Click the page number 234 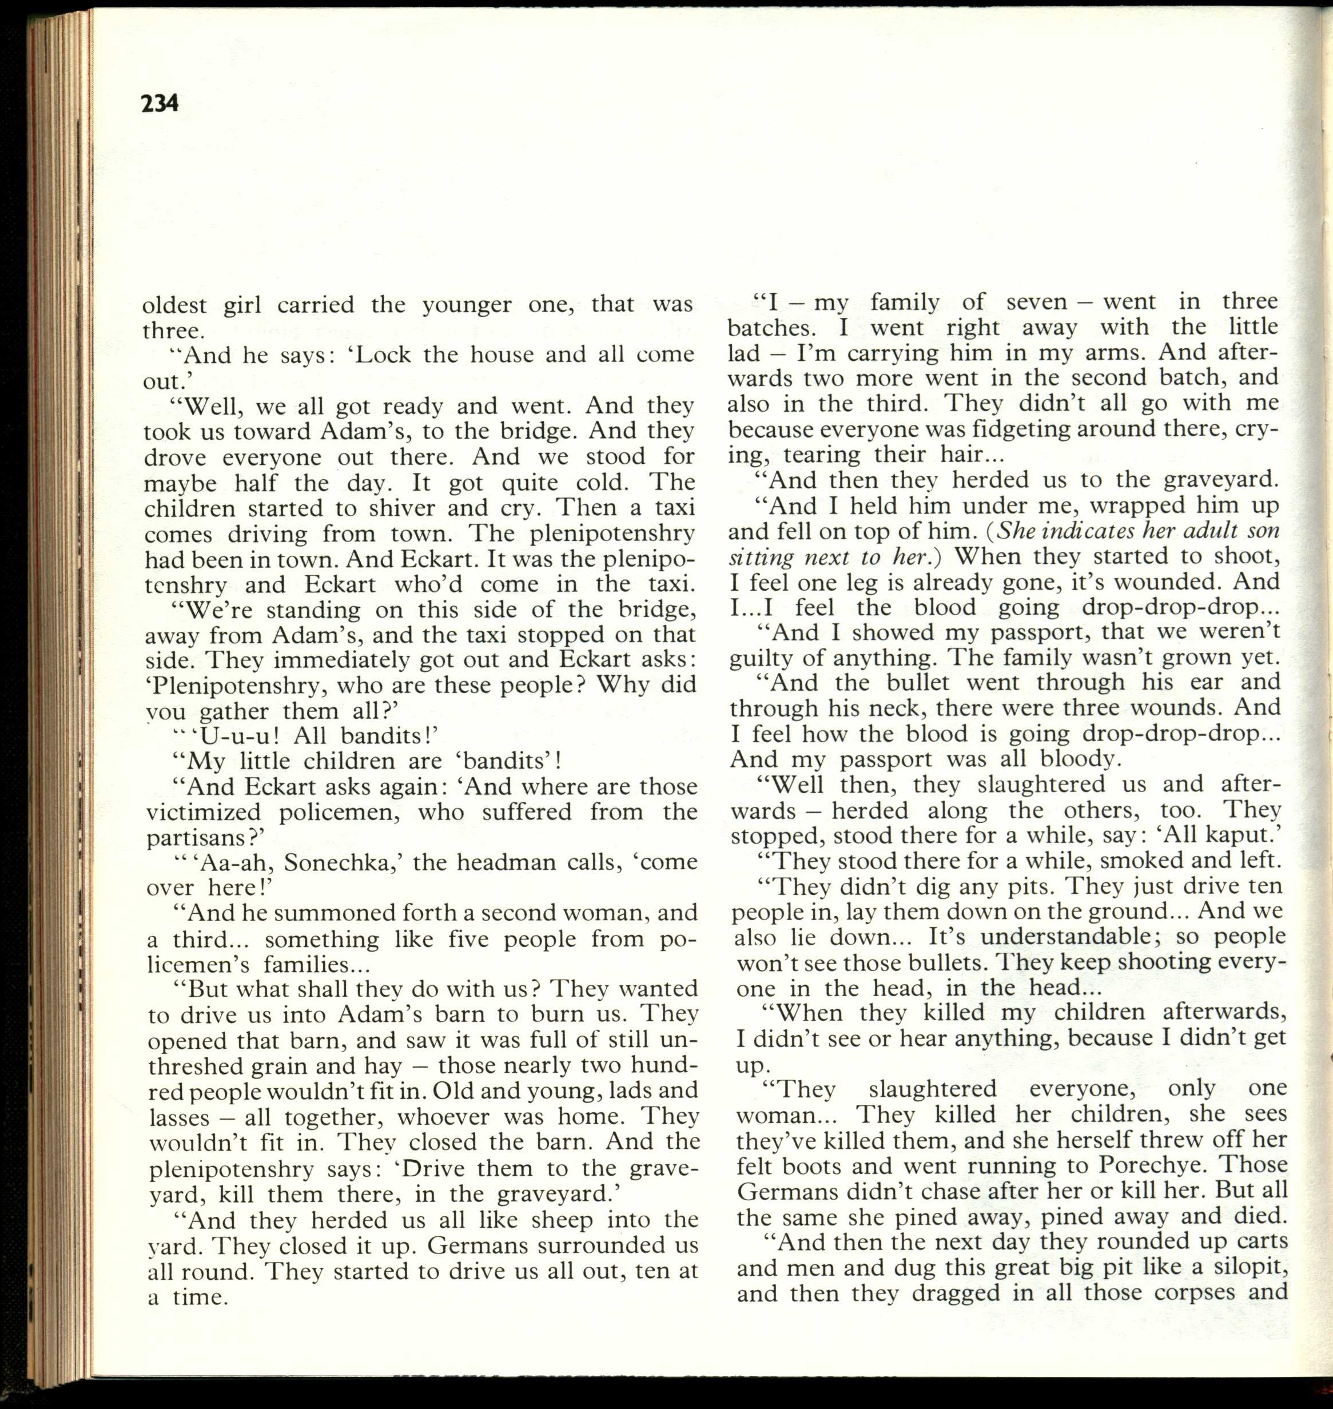[x=160, y=104]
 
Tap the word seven [x=1037, y=302]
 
